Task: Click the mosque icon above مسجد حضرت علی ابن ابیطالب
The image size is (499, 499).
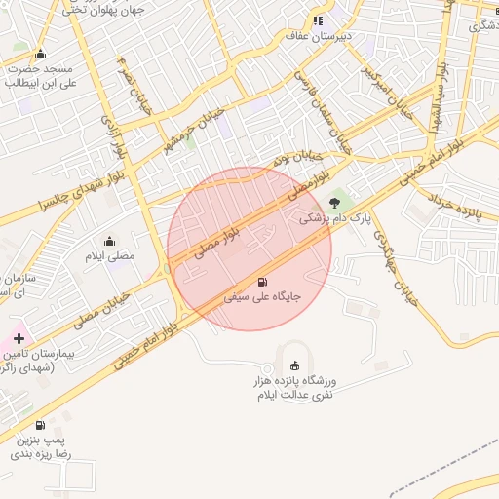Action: [x=40, y=55]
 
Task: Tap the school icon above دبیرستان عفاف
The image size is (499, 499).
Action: [x=318, y=20]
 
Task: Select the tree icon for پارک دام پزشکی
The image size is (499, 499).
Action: [x=335, y=203]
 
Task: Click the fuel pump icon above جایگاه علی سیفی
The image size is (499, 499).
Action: [x=261, y=283]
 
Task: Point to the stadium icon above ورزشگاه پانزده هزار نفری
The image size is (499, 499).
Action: [x=295, y=365]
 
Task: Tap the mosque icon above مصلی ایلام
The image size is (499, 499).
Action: [x=109, y=241]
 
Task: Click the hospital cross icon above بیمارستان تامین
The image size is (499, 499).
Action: [x=19, y=337]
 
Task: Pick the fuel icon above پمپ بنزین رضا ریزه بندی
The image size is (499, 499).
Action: [x=40, y=425]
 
